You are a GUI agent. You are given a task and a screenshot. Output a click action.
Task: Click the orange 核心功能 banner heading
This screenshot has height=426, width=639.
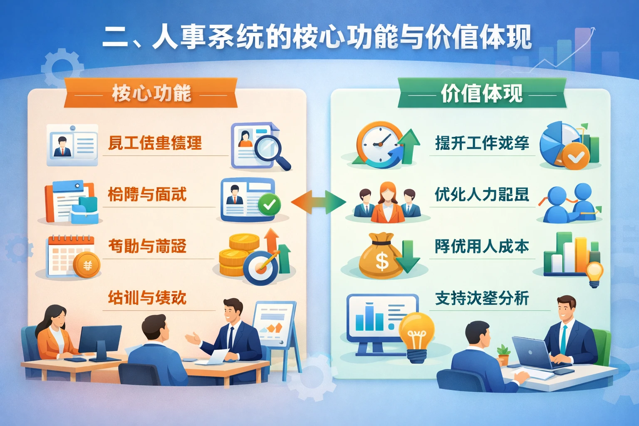point(151,93)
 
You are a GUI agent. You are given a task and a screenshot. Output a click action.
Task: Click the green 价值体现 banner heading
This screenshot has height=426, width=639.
point(482,93)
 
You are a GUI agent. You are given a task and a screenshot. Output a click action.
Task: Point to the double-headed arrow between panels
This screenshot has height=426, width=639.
point(318,203)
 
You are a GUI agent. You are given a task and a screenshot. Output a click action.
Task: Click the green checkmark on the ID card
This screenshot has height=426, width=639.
point(269,204)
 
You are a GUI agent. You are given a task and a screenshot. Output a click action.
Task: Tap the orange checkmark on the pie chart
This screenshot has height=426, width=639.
point(576,157)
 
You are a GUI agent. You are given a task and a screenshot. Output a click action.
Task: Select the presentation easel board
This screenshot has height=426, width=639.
point(275,324)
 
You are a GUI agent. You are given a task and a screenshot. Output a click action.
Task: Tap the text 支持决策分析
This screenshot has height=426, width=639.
point(482,298)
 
